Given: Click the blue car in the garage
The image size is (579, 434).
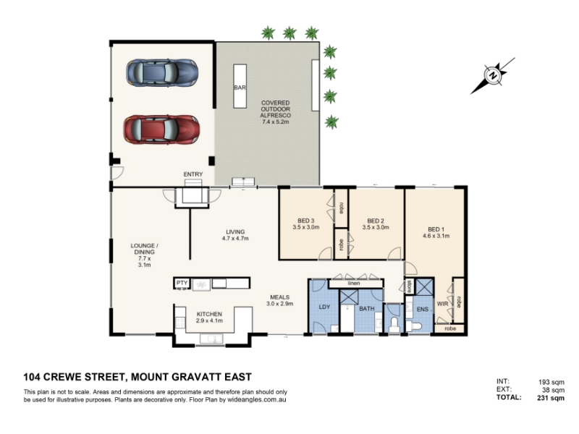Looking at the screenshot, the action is point(162,73).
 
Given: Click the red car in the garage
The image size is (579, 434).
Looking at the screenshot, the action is point(161,129).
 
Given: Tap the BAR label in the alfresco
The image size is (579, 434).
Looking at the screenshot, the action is point(240,88).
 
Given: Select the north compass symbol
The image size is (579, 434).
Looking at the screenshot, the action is point(492,76).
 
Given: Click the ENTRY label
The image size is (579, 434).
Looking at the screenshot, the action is point(193,174).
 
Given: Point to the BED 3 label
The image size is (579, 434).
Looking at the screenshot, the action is point(305,221).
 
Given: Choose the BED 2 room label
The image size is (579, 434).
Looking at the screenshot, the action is point(376,221).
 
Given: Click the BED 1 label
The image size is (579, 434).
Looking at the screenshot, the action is point(436,229).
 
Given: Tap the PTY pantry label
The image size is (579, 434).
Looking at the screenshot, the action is point(182,283).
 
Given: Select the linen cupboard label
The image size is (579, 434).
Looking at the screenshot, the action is point(354,284).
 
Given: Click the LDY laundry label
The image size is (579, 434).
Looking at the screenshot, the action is point(324,307).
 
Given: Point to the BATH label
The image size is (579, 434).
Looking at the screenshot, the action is point(367,309).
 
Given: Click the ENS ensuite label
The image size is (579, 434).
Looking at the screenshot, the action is point(423,310).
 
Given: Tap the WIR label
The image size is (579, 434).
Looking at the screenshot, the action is point(442,304).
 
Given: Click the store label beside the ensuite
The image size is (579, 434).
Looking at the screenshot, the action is point(409,286).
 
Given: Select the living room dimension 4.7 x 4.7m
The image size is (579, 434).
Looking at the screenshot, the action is point(235,239).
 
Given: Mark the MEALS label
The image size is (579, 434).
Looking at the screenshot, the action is point(280,297).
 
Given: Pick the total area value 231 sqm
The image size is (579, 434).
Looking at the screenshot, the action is point(551,398).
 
